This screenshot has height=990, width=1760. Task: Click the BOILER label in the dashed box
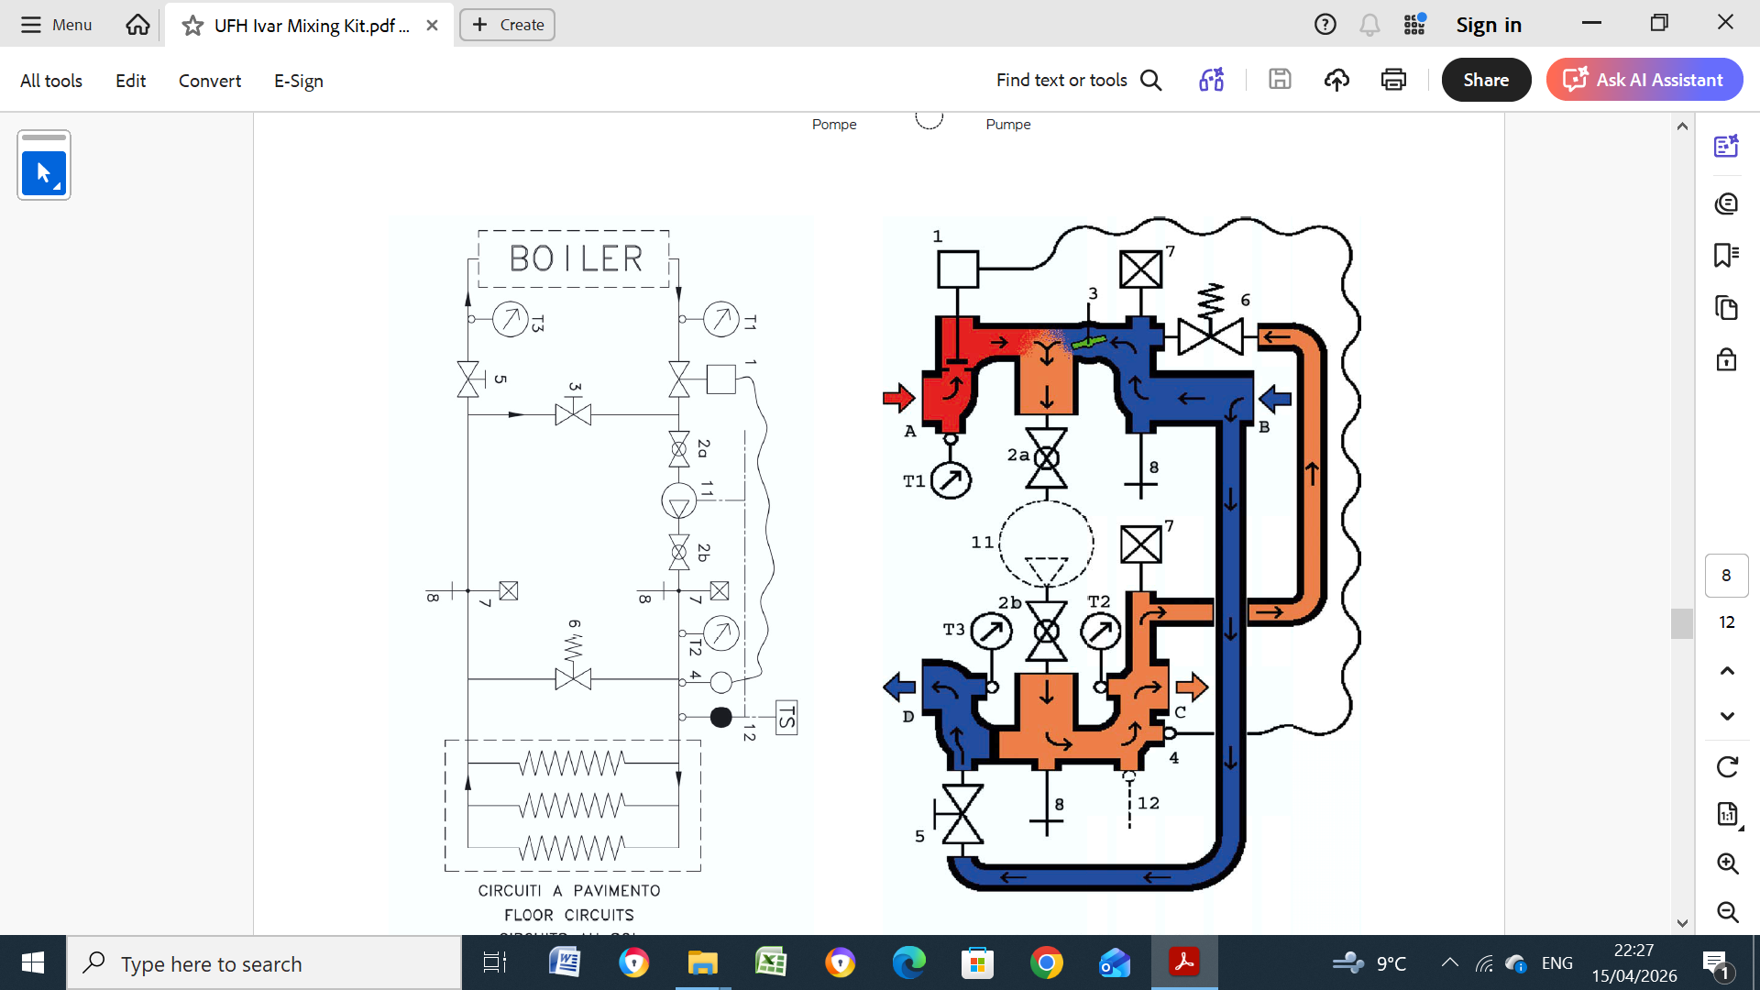(576, 258)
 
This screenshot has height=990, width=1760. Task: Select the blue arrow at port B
(1275, 398)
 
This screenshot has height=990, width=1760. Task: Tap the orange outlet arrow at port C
(1192, 686)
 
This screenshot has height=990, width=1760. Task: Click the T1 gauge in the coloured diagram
(951, 479)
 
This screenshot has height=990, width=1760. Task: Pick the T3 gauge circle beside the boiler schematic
(510, 319)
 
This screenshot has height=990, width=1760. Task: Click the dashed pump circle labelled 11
(1046, 543)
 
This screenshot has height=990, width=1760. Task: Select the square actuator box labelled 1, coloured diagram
(958, 269)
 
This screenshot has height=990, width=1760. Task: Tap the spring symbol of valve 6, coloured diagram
(1211, 300)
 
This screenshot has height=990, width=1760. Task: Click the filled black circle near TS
(721, 717)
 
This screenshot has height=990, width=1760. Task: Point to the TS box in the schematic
(786, 718)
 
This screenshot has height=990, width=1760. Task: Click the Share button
(1486, 80)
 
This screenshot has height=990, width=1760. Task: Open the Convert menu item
(210, 81)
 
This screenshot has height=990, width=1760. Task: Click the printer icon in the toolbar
(1393, 80)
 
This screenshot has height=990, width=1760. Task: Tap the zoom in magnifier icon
(1727, 863)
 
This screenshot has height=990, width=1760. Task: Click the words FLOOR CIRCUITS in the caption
(569, 915)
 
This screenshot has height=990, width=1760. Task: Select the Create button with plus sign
(508, 25)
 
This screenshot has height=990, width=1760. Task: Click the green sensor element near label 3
(1088, 342)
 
